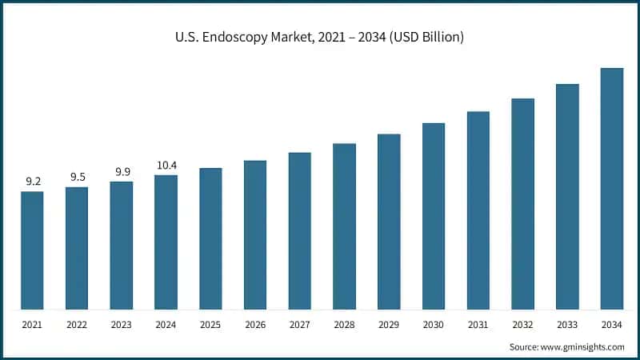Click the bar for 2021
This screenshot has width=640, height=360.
click(33, 250)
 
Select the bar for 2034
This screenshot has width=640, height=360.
click(612, 189)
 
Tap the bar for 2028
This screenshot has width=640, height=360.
click(344, 226)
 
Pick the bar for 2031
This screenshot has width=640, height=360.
click(478, 210)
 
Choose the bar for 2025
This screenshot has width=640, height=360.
click(210, 238)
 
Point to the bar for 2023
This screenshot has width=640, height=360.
click(122, 246)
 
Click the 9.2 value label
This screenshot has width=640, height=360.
click(33, 182)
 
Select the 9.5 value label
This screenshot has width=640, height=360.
click(77, 177)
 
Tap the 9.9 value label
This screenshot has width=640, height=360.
click(122, 171)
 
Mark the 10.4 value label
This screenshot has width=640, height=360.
click(166, 165)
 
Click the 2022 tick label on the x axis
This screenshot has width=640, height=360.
click(77, 326)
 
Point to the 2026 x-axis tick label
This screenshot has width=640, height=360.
click(255, 326)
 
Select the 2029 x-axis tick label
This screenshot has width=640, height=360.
click(389, 326)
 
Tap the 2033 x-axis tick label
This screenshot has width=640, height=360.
click(567, 326)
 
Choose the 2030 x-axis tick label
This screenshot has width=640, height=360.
click(434, 326)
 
